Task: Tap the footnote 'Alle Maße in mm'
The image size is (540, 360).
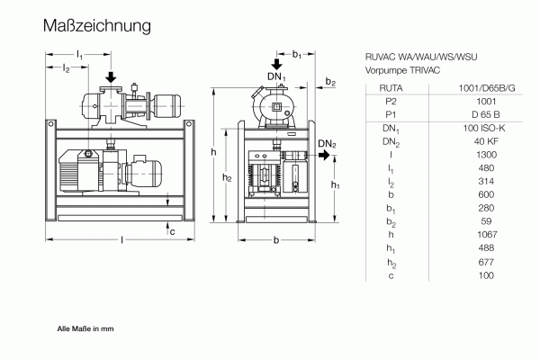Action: pos(85,329)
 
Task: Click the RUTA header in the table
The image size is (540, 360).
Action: pos(391,88)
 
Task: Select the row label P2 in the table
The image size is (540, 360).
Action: pos(391,102)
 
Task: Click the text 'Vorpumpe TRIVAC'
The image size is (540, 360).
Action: pos(401,69)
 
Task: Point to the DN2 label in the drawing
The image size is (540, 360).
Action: pos(327,144)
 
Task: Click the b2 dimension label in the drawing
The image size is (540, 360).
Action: pos(330,83)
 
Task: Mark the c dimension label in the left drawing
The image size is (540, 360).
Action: pos(173,231)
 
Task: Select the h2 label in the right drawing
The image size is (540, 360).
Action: pos(228,177)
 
